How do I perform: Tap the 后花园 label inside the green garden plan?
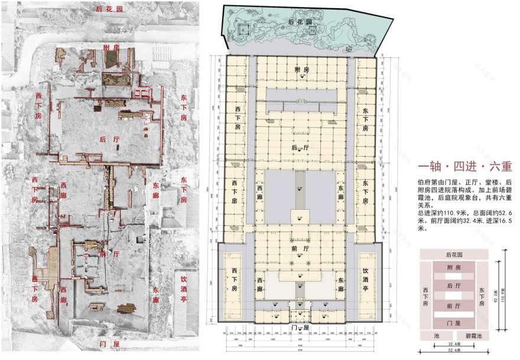(300, 22)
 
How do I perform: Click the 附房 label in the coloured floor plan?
(301, 70)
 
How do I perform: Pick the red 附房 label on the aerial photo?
(111, 47)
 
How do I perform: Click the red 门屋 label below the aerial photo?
(110, 343)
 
